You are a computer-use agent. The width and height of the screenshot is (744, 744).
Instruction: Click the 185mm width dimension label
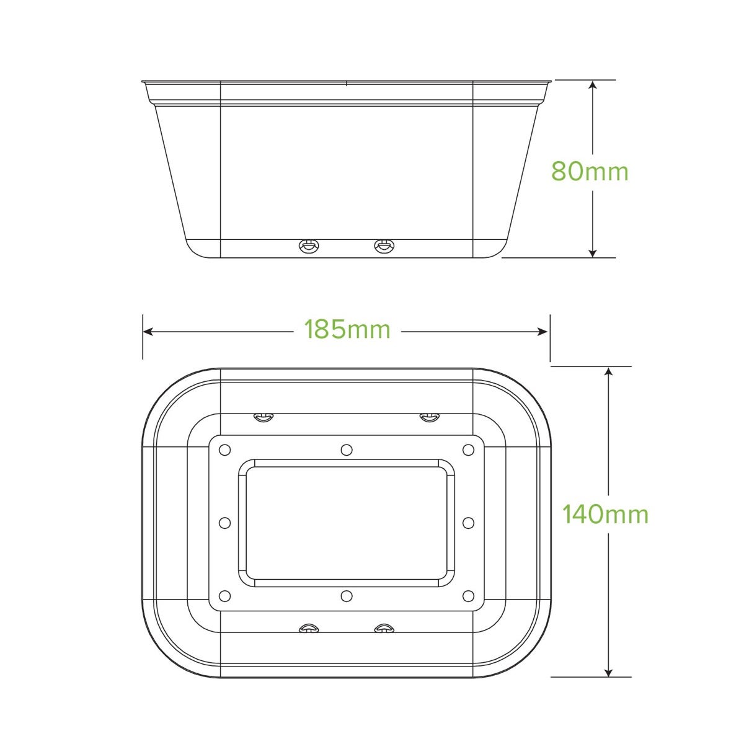[347, 329]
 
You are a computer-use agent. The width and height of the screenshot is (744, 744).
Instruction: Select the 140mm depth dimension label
[605, 514]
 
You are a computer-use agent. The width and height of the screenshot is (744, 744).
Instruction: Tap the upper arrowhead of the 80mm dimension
[593, 85]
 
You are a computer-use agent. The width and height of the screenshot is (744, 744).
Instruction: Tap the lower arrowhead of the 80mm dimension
[593, 252]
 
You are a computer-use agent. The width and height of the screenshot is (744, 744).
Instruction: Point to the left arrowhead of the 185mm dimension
[148, 331]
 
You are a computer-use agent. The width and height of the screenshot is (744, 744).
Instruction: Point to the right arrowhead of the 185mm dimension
[542, 331]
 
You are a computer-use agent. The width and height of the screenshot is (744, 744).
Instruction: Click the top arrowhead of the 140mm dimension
[608, 372]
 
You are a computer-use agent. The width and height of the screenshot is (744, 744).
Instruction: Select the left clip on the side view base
[309, 246]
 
